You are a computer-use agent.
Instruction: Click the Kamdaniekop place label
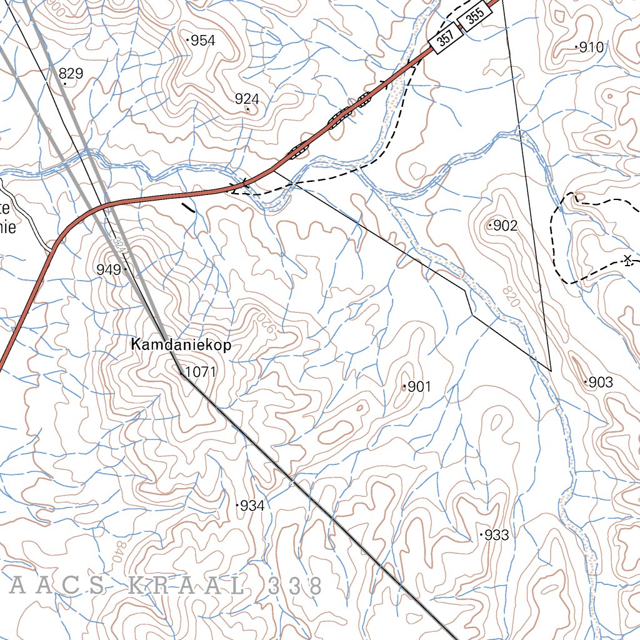181,345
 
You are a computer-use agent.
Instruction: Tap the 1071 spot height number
201,372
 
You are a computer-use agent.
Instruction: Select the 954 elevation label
203,41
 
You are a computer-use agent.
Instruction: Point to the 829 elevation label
71,74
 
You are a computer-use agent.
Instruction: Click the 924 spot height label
247,99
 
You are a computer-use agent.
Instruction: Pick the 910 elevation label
591,47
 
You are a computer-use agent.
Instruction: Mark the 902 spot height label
506,226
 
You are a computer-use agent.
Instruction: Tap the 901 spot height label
419,387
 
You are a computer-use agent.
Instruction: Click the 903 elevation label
601,382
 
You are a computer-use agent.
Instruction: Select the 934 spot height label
252,506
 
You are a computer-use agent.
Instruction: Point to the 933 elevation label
497,535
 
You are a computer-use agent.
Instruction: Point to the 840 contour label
117,551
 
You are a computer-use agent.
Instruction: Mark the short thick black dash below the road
187,207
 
